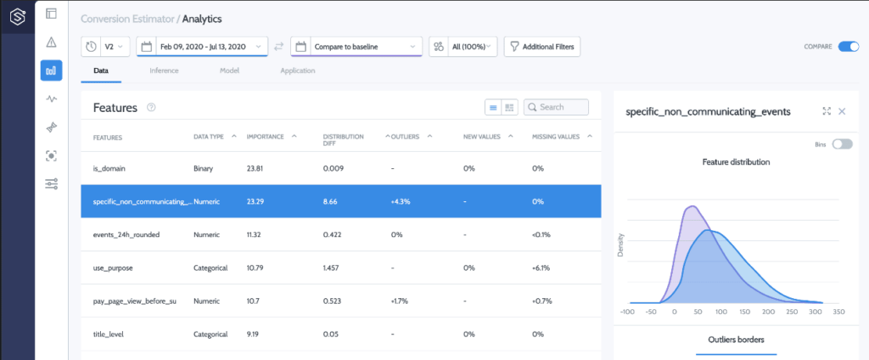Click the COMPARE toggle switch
(x=848, y=47)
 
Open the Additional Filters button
(x=542, y=46)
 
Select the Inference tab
(x=164, y=70)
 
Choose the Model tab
(x=228, y=70)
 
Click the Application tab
(x=297, y=70)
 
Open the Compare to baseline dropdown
(x=356, y=46)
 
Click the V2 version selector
(x=106, y=46)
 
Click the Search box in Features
(x=556, y=107)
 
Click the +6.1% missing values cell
(x=541, y=267)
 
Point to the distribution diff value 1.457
(x=334, y=267)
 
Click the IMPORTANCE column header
(x=265, y=137)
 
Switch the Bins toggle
(x=842, y=144)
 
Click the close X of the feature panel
(x=842, y=111)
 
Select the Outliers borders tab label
(x=736, y=340)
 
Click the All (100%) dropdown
(x=463, y=46)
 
